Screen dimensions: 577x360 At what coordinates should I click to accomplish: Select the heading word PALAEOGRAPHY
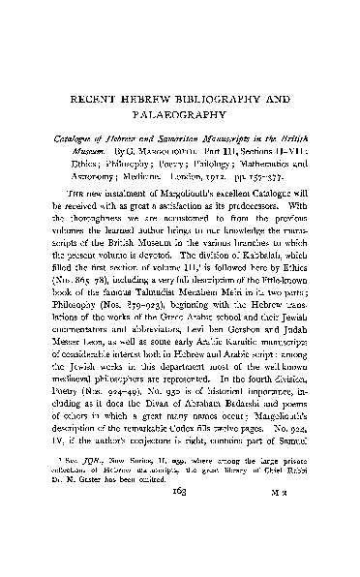[x=180, y=116]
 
